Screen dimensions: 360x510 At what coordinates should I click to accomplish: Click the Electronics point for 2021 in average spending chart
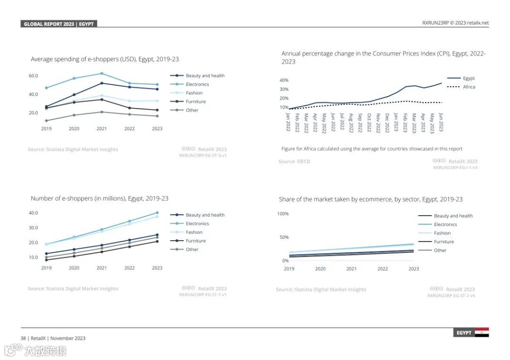click(102, 74)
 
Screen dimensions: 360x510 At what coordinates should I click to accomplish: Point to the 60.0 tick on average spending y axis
click(33, 75)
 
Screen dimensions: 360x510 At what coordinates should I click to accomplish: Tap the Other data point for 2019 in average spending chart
click(46, 121)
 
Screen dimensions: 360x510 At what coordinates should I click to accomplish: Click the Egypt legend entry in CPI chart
click(468, 78)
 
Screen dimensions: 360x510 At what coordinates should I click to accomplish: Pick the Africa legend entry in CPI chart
click(468, 87)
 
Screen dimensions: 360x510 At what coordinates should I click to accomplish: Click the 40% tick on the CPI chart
click(284, 80)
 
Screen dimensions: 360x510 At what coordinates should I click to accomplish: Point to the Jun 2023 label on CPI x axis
click(441, 122)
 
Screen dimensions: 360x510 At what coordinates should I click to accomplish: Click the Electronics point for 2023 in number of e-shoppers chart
click(157, 213)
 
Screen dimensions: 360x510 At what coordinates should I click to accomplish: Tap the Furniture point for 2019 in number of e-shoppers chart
click(46, 260)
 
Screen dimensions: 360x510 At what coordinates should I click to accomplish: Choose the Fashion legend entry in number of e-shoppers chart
click(194, 232)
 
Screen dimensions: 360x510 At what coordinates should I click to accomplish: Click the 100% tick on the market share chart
click(283, 214)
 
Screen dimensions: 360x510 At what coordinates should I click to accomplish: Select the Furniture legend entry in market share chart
click(444, 242)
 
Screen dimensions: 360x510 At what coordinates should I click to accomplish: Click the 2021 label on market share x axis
click(351, 268)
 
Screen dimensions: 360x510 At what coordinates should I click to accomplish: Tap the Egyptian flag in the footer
click(482, 332)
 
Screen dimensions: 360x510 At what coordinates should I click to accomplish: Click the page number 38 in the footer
click(23, 338)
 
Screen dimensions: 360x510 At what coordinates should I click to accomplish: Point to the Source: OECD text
click(294, 161)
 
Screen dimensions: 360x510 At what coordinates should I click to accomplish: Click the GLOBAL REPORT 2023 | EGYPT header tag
click(59, 24)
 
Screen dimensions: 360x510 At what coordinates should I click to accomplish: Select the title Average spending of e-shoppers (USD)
click(105, 59)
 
